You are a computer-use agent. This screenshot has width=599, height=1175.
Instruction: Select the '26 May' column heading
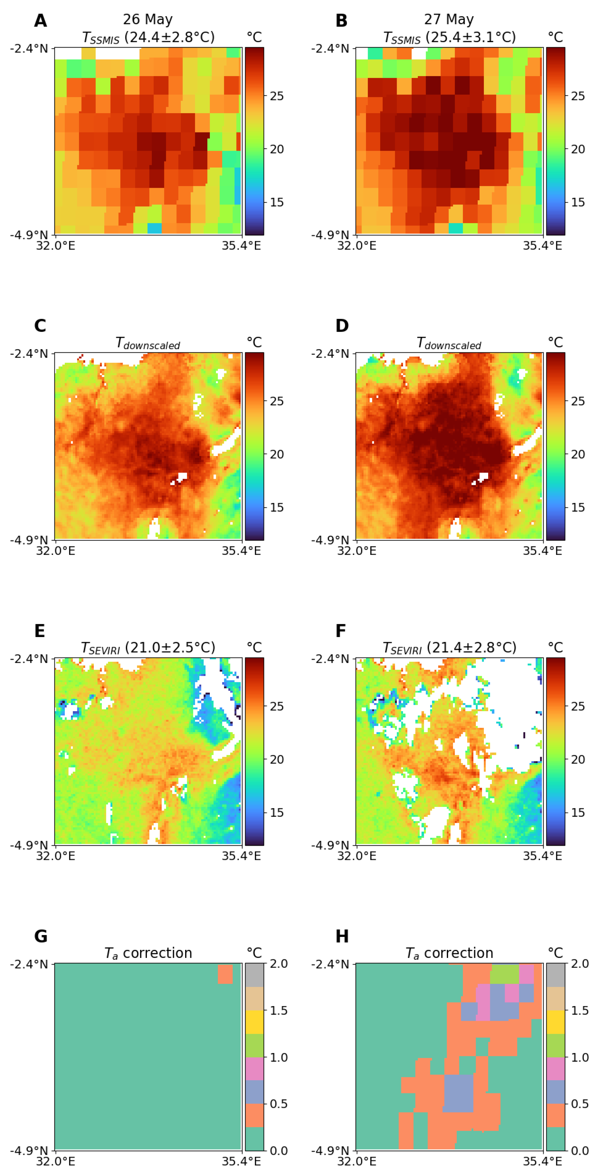148,20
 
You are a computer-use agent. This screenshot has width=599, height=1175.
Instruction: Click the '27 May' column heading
449,20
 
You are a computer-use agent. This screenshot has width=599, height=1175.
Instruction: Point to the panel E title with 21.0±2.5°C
148,648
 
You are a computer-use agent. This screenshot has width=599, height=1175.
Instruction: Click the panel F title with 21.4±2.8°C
449,648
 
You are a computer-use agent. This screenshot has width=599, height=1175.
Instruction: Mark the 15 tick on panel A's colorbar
276,202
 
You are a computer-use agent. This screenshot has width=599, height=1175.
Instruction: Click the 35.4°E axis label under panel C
241,551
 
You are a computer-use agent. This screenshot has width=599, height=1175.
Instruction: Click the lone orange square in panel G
225,974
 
